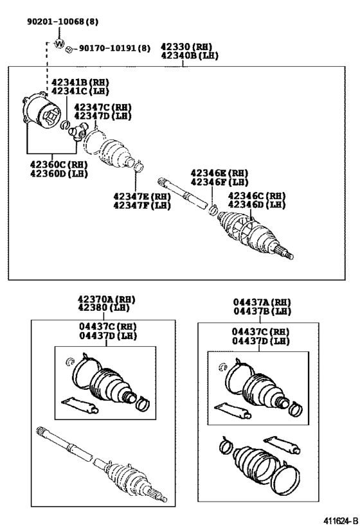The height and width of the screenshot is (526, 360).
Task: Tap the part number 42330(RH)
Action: coord(186,48)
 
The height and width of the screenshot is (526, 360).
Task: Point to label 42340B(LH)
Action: coord(189,56)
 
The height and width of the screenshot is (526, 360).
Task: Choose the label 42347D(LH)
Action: coord(103,116)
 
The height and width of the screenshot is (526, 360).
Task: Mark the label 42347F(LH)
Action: coord(141,205)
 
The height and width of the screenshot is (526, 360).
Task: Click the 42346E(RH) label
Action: coord(219,173)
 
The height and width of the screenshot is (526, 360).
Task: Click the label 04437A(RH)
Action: coord(262,302)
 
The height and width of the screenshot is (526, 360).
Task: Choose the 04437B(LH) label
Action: coord(262,311)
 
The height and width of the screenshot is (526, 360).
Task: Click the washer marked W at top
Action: coord(60,44)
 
